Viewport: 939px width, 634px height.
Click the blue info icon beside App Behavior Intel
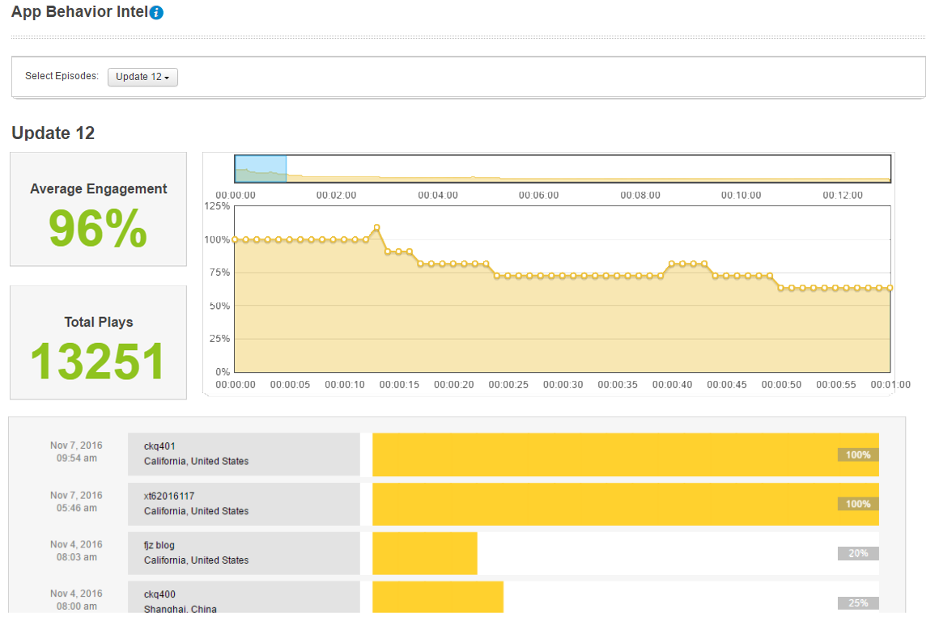pyautogui.click(x=157, y=13)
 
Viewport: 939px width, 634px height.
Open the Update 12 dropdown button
pyautogui.click(x=142, y=77)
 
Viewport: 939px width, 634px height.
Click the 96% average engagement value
pyautogui.click(x=98, y=230)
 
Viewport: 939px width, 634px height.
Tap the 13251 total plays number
pyautogui.click(x=98, y=361)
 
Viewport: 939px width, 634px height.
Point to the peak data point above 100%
pyautogui.click(x=376, y=228)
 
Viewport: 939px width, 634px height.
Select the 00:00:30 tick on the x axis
pyautogui.click(x=565, y=385)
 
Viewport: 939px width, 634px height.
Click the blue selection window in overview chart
pyautogui.click(x=260, y=168)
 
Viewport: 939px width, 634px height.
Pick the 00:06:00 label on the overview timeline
pyautogui.click(x=538, y=195)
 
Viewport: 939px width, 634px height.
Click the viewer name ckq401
pyautogui.click(x=159, y=446)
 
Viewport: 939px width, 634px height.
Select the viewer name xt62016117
pyautogui.click(x=169, y=496)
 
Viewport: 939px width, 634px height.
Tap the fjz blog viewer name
pyautogui.click(x=159, y=545)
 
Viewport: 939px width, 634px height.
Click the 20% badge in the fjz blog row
pyautogui.click(x=858, y=553)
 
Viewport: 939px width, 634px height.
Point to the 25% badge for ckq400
pyautogui.click(x=858, y=603)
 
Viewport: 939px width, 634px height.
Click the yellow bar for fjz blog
pyautogui.click(x=424, y=553)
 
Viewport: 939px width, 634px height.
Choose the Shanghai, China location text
pyautogui.click(x=181, y=609)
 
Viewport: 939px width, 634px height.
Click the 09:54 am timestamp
pyautogui.click(x=76, y=459)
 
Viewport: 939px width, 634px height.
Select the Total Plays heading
pyautogui.click(x=98, y=322)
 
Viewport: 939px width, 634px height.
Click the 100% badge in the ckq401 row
pyautogui.click(x=858, y=454)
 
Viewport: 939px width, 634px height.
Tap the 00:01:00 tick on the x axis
pyautogui.click(x=890, y=385)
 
